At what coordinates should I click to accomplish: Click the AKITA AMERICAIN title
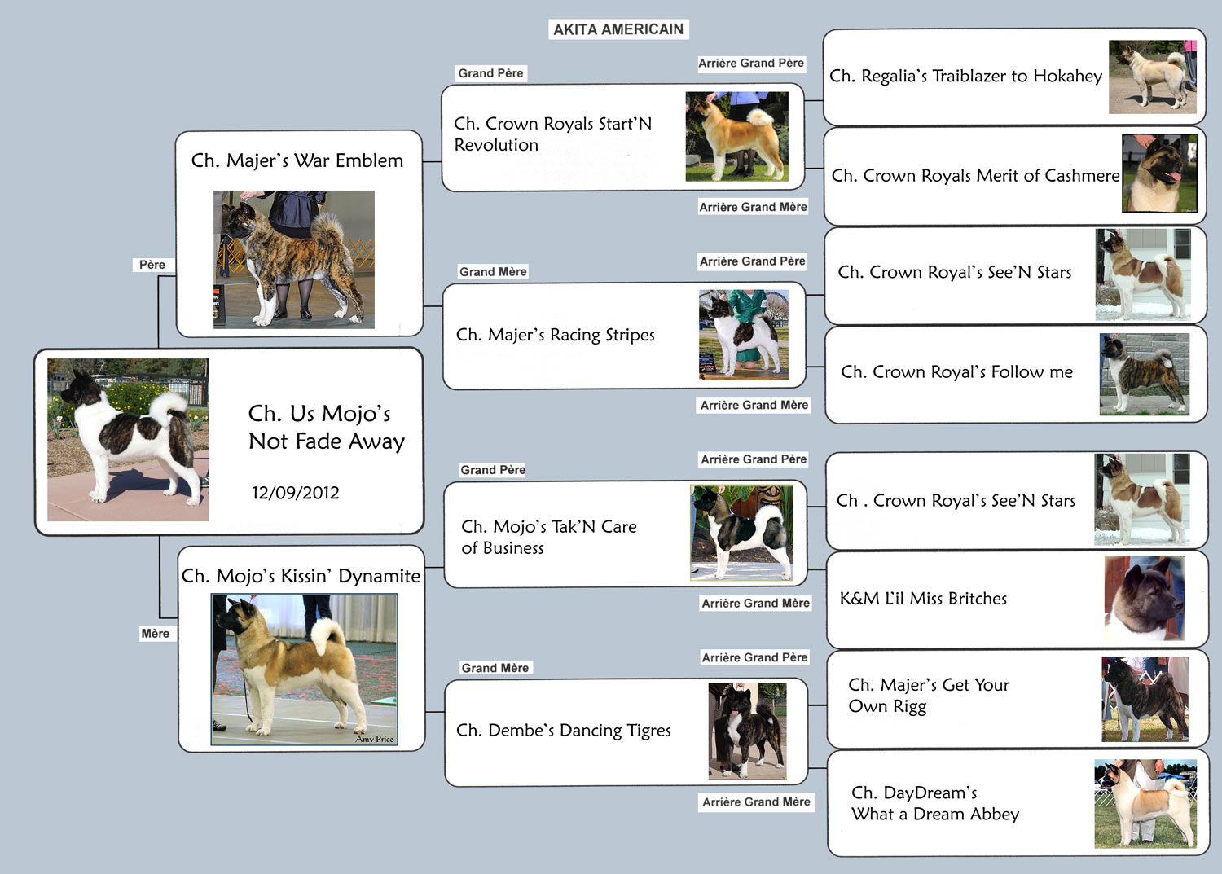(x=618, y=29)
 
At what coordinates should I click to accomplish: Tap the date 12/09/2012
(x=295, y=493)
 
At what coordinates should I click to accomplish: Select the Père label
(x=152, y=265)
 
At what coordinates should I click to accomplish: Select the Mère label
(x=156, y=634)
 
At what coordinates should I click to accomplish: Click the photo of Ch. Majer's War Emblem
(x=294, y=260)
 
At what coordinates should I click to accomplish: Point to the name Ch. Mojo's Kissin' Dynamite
(x=301, y=576)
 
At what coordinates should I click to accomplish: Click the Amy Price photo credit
(x=374, y=739)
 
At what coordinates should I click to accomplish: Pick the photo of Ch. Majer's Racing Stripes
(x=744, y=335)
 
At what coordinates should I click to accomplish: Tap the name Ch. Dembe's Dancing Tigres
(x=564, y=731)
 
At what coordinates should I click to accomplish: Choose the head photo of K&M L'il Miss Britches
(x=1145, y=599)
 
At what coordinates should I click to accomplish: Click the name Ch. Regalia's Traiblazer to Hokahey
(x=965, y=76)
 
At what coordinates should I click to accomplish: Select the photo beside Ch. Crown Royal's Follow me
(x=1145, y=374)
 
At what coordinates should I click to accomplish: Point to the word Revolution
(x=496, y=145)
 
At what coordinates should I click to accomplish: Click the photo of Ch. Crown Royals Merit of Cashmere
(x=1160, y=173)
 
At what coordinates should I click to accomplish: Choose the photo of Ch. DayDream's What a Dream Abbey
(x=1145, y=804)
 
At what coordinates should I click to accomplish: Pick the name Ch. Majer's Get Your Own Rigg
(x=929, y=696)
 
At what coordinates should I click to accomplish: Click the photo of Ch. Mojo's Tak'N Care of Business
(x=741, y=533)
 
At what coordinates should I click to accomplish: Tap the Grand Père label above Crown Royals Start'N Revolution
(x=490, y=73)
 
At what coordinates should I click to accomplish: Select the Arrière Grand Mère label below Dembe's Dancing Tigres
(x=756, y=802)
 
